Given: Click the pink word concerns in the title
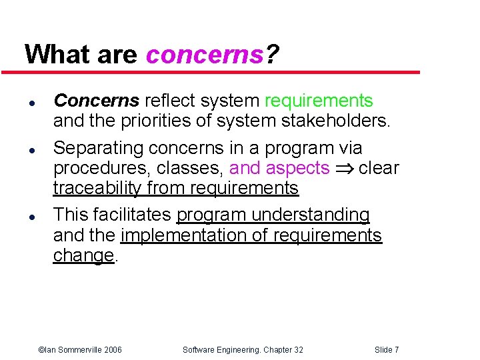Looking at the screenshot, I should pos(205,54).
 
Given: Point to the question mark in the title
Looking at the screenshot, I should pos(272,54).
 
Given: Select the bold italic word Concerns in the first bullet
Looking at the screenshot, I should pos(96,101).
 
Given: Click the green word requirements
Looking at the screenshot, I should pos(319,101).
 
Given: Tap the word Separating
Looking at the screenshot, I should pos(98,147).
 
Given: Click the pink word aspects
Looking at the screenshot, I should pos(297,168).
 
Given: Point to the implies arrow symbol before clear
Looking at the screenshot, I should pos(344,169).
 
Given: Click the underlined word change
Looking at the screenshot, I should pos(83,256).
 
